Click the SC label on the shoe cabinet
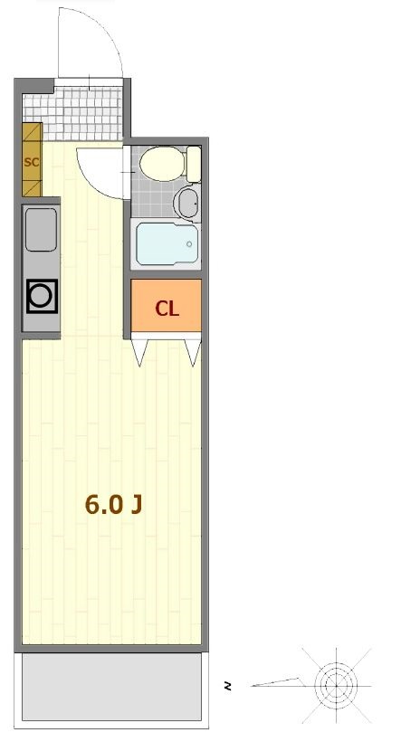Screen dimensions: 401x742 (x=32, y=162)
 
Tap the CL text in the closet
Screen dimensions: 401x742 (x=167, y=309)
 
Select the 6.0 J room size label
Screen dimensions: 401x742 (x=114, y=504)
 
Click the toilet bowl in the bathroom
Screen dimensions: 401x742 (x=161, y=164)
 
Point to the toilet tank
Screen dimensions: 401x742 (x=193, y=164)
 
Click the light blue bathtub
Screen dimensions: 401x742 (x=167, y=244)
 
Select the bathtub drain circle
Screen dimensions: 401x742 (x=189, y=244)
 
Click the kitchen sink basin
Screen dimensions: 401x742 (x=42, y=230)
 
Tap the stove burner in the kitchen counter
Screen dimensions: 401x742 (x=43, y=296)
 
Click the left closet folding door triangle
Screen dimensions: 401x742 (x=139, y=353)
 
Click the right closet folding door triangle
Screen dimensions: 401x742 (x=193, y=353)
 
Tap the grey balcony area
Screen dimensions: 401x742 (x=111, y=687)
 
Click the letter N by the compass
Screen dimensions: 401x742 (x=228, y=686)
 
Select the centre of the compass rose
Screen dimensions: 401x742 (x=336, y=686)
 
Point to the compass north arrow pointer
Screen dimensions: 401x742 (x=275, y=682)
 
